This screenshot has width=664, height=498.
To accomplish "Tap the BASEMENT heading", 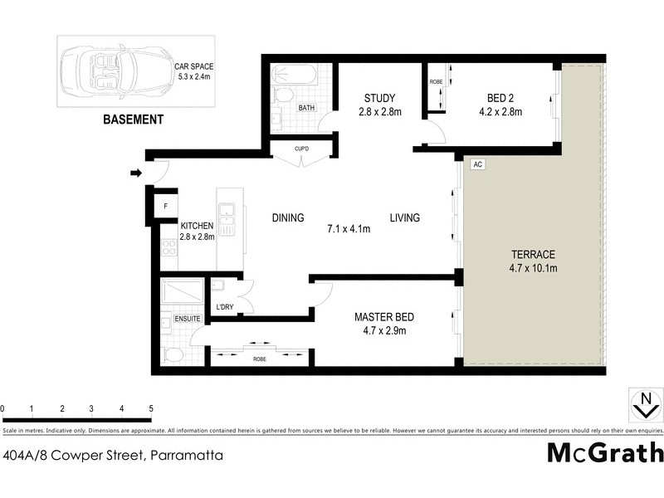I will (133, 120).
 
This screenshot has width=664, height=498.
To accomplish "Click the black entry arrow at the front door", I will (135, 173).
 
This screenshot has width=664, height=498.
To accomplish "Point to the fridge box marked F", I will (165, 205).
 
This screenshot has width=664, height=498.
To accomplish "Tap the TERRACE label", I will (533, 261).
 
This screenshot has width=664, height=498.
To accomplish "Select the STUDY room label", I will (379, 104).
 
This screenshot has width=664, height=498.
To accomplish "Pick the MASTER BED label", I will (383, 324).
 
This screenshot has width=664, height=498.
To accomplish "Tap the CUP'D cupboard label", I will (302, 149).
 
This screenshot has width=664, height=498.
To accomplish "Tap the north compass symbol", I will (642, 406).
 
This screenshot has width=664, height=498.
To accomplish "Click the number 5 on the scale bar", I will (151, 409).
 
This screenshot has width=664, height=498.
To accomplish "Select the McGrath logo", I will (605, 452).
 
